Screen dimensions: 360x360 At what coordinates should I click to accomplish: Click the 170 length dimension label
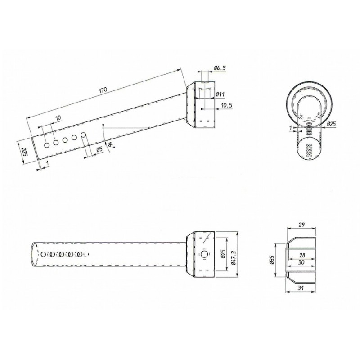[x=103, y=90]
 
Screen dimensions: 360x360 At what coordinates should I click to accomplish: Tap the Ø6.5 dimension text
[x=220, y=68]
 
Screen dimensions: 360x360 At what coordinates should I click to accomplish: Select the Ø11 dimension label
[x=220, y=94]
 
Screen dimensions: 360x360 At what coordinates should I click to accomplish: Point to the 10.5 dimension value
[x=227, y=105]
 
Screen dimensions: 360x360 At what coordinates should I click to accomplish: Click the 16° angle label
[x=110, y=145]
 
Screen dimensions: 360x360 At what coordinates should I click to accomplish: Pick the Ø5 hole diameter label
[x=99, y=150]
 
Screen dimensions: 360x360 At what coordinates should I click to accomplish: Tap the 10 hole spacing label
[x=58, y=118]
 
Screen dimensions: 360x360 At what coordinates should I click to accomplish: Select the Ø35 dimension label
[x=272, y=260]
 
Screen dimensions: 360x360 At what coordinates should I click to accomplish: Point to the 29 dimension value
[x=301, y=225]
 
